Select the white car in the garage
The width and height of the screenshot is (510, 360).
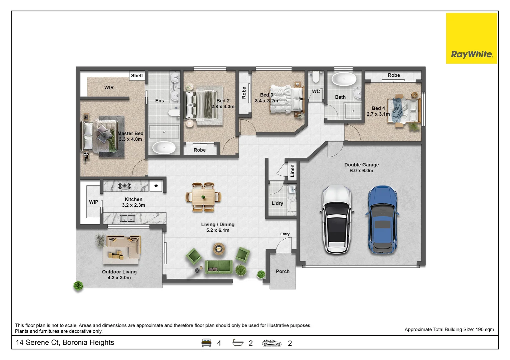click(337, 220)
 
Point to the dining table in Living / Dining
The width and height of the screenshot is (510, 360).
click(203, 197)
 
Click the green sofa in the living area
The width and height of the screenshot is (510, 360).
click(219, 267)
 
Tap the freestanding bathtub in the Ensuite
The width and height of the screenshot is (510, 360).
click(164, 147)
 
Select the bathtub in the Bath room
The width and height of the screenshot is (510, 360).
click(344, 80)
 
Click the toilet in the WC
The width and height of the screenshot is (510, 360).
click(315, 77)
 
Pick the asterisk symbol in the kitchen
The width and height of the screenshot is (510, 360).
click(156, 186)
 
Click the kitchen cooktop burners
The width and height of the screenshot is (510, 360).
click(124, 186)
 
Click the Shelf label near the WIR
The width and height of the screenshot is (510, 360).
click(137, 76)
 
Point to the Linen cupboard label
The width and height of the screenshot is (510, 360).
click(293, 171)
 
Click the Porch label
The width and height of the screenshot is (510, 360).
click(283, 271)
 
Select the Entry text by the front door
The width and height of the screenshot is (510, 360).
click(285, 234)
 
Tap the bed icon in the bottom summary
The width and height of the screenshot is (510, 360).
click(206, 343)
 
